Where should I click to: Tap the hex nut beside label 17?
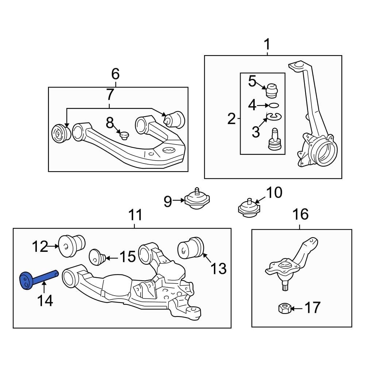pos(284,308)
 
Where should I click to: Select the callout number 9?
pos(168,201)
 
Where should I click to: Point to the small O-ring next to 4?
pos(274,105)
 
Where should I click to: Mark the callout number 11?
pos(135,215)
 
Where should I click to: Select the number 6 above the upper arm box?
pos(115,74)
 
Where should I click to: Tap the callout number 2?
pos(231,119)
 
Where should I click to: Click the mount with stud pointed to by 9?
pos(197,200)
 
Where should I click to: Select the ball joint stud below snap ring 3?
pos(273,139)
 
